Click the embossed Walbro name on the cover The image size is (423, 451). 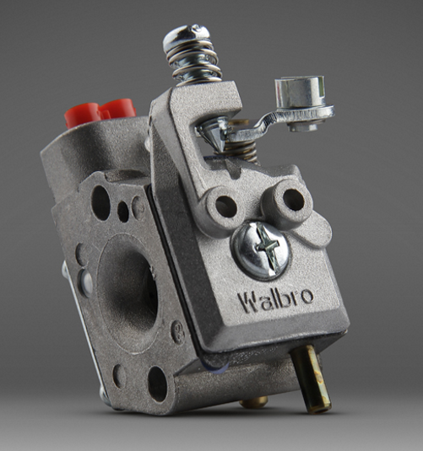[275, 300]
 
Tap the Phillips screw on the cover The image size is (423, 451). [261, 250]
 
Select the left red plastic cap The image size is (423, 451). [82, 115]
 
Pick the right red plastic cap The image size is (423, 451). [118, 108]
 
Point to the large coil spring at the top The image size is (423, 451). [193, 62]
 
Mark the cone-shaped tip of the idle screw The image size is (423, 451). [214, 134]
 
